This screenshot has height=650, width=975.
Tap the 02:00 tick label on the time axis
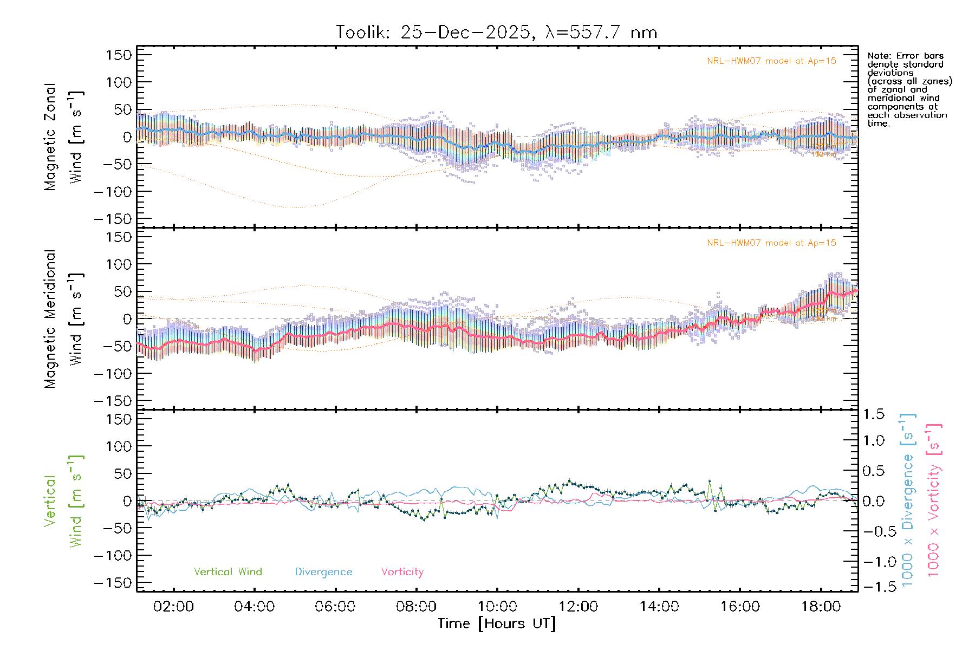click(x=173, y=607)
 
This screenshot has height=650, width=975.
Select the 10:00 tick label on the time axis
click(x=497, y=607)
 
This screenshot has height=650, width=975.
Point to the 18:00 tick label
click(x=821, y=607)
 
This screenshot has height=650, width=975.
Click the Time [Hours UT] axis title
click(x=497, y=623)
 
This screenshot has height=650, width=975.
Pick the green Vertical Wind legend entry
click(x=227, y=572)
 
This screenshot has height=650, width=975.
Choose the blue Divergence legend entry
click(x=323, y=572)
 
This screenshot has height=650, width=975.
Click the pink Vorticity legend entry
click(x=402, y=572)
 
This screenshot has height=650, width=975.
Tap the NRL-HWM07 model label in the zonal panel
click(x=771, y=61)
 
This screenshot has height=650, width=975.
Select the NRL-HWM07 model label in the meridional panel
click(x=771, y=243)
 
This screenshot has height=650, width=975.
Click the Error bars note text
click(x=908, y=89)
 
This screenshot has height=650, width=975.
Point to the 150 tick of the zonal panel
click(x=119, y=55)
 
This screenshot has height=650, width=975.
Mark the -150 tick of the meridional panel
click(x=113, y=401)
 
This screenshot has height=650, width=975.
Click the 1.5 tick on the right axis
click(x=874, y=414)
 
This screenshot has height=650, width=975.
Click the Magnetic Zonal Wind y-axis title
click(x=63, y=136)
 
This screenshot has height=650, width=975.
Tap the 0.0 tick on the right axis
click(x=874, y=502)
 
